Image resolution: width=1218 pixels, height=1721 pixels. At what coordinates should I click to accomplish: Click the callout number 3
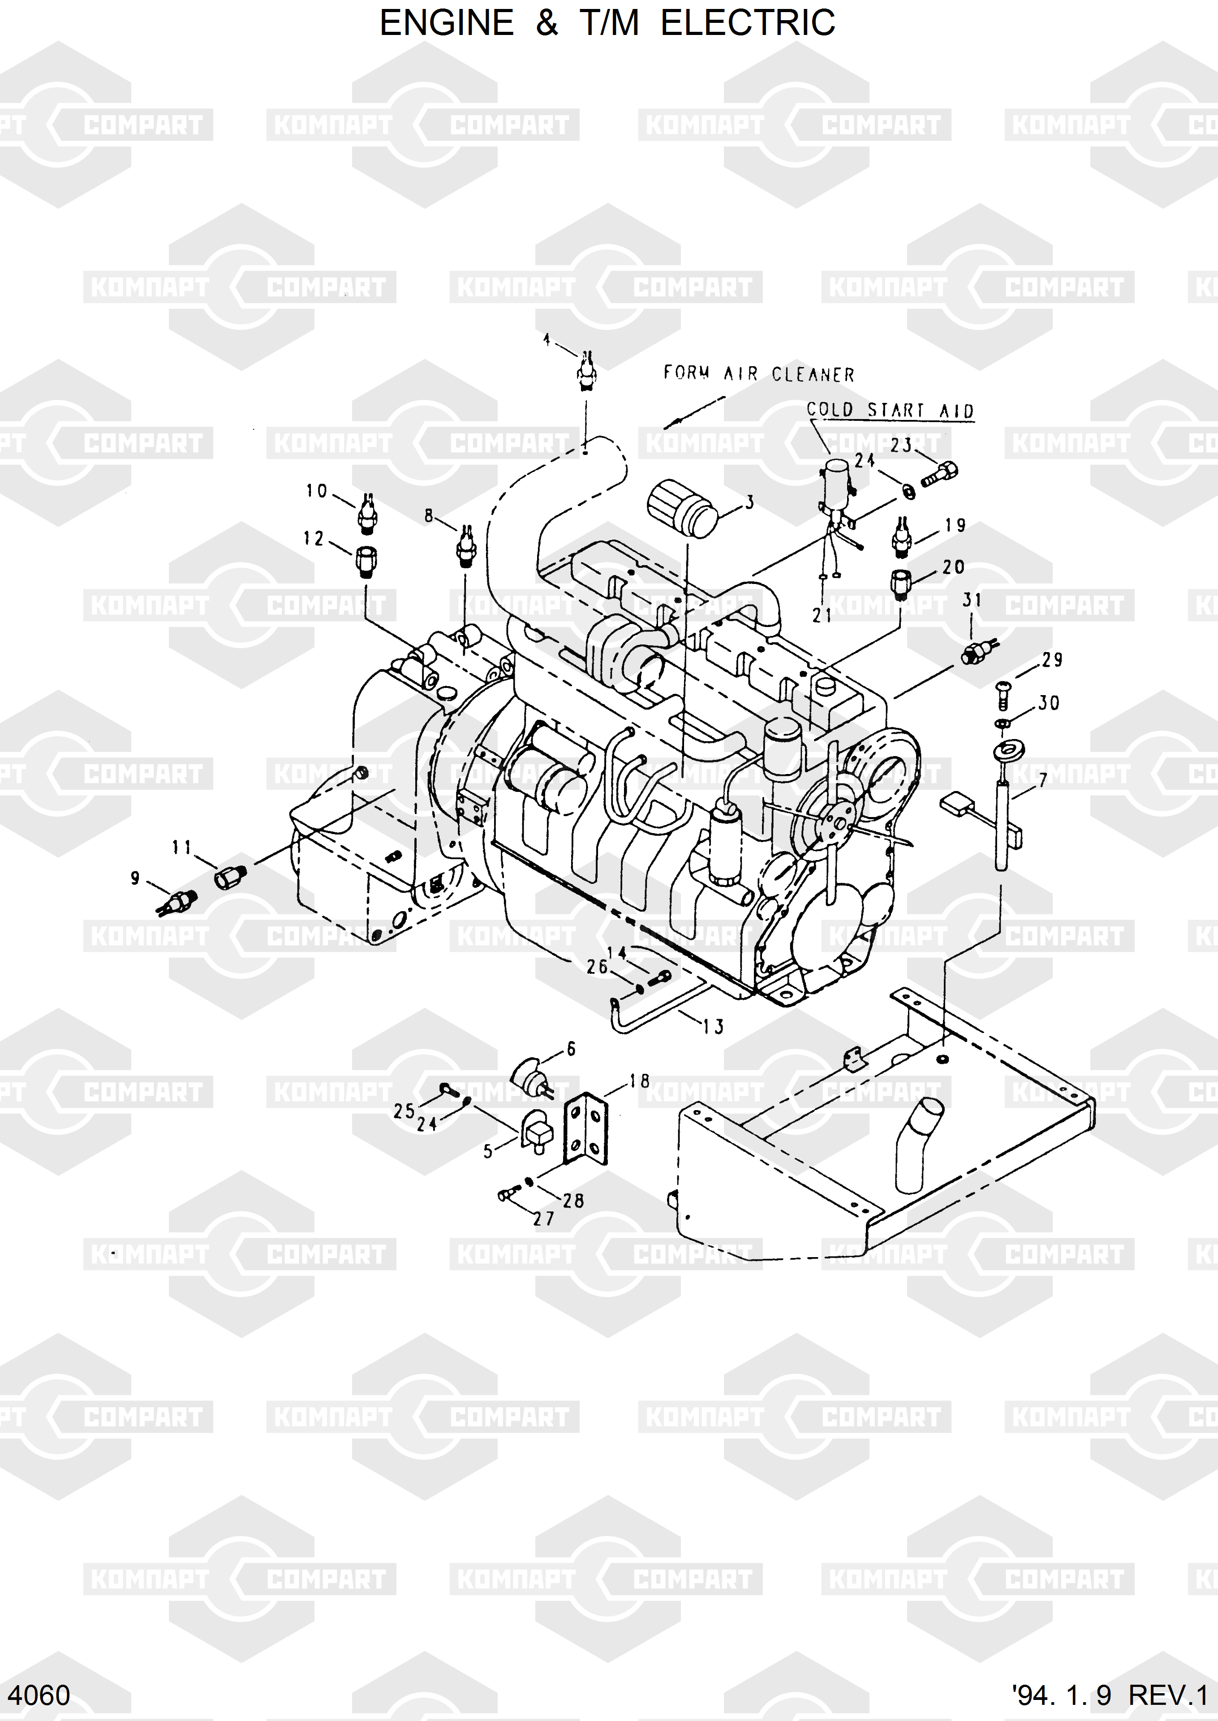point(749,503)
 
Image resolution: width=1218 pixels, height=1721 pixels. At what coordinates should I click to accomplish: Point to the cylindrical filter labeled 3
point(683,510)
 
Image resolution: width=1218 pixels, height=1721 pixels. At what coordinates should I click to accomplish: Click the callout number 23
point(901,445)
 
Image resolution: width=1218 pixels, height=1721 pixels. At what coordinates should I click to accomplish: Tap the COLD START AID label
point(890,411)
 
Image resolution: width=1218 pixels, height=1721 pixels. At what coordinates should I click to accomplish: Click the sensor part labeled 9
point(177,902)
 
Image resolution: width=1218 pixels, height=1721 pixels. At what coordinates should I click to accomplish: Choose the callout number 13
point(713,1026)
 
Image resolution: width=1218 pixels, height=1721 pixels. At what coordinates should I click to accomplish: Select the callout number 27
point(544,1219)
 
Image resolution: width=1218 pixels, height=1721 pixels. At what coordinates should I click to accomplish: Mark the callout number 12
point(314,538)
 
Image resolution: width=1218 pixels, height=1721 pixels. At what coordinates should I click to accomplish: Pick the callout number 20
point(953,567)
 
